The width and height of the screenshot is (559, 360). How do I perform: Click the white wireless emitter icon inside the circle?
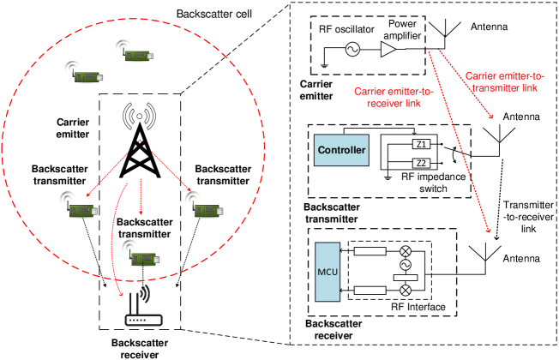tap(139, 116)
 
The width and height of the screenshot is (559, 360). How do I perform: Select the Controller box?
tap(341, 151)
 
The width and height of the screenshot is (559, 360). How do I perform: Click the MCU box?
tap(328, 273)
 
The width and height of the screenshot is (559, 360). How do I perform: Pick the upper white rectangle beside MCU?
tap(370, 251)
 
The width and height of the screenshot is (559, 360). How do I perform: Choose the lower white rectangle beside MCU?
tap(370, 291)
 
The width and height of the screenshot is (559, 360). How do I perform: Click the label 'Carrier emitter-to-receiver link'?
tap(394, 97)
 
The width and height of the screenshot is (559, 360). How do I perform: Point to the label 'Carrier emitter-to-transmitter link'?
tap(502, 81)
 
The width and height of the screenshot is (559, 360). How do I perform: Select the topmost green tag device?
tap(139, 55)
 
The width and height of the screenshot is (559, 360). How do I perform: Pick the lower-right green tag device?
tap(208, 210)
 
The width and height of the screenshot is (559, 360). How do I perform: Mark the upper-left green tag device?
tap(88, 76)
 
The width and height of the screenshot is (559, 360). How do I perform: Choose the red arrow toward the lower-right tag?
tap(172, 171)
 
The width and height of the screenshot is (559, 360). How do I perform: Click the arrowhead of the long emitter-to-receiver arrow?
tap(488, 230)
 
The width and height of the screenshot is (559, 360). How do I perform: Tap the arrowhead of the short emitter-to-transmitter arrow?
tap(491, 117)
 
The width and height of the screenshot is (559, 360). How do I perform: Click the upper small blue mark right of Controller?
tap(442, 144)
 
